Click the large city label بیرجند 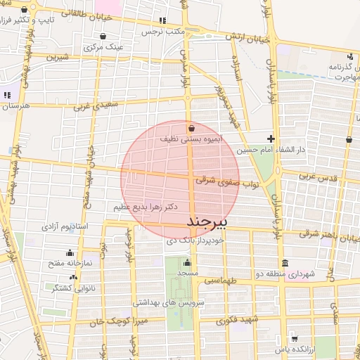209,221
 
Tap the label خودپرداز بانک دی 195,240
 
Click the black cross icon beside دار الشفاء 271,139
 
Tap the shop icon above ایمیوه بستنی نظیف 192,128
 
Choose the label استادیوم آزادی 64,226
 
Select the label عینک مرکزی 103,48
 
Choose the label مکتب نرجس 162,32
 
